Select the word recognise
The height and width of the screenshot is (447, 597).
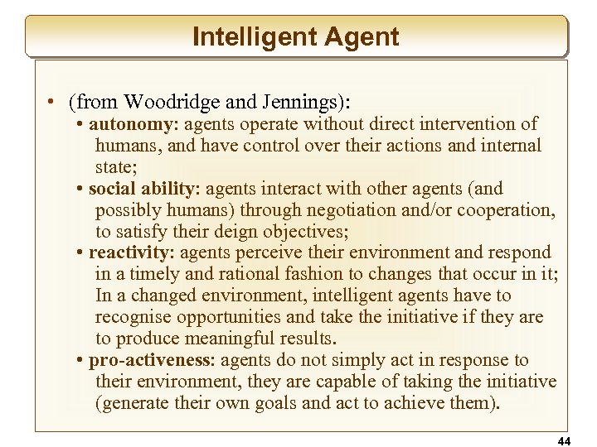(x=133, y=317)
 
